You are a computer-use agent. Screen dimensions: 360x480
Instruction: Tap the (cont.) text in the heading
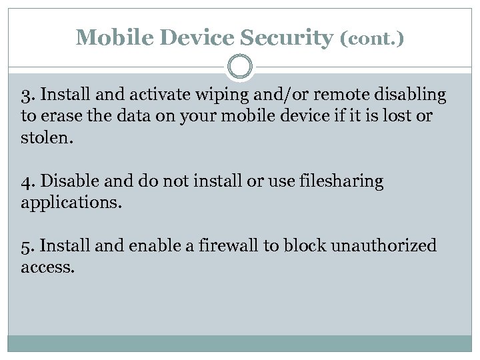[x=372, y=39]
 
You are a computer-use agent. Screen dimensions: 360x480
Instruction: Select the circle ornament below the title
[x=240, y=67]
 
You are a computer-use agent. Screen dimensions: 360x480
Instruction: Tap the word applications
[x=71, y=203]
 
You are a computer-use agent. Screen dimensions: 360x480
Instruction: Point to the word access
[x=47, y=267]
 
